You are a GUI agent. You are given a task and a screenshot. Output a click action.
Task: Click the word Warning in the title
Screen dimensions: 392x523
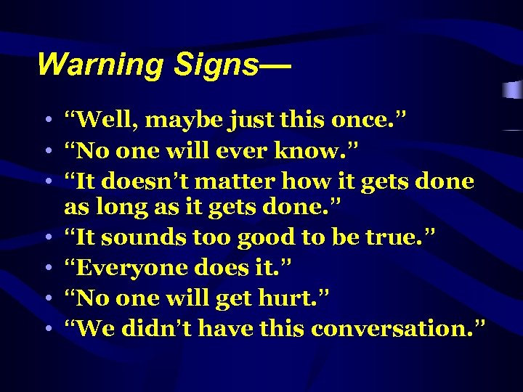(101, 65)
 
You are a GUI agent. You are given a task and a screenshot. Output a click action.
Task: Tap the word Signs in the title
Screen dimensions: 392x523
(216, 65)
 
